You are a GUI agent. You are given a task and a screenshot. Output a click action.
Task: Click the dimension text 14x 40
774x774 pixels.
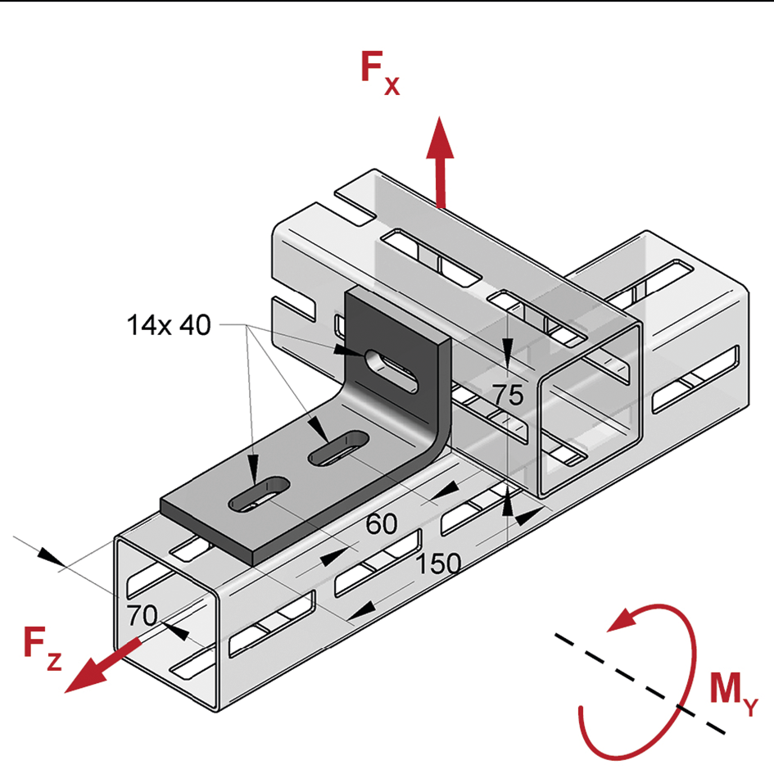(x=168, y=325)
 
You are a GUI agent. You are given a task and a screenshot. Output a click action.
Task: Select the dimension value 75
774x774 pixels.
(x=507, y=396)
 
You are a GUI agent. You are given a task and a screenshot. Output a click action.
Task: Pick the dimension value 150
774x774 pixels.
(x=437, y=564)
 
